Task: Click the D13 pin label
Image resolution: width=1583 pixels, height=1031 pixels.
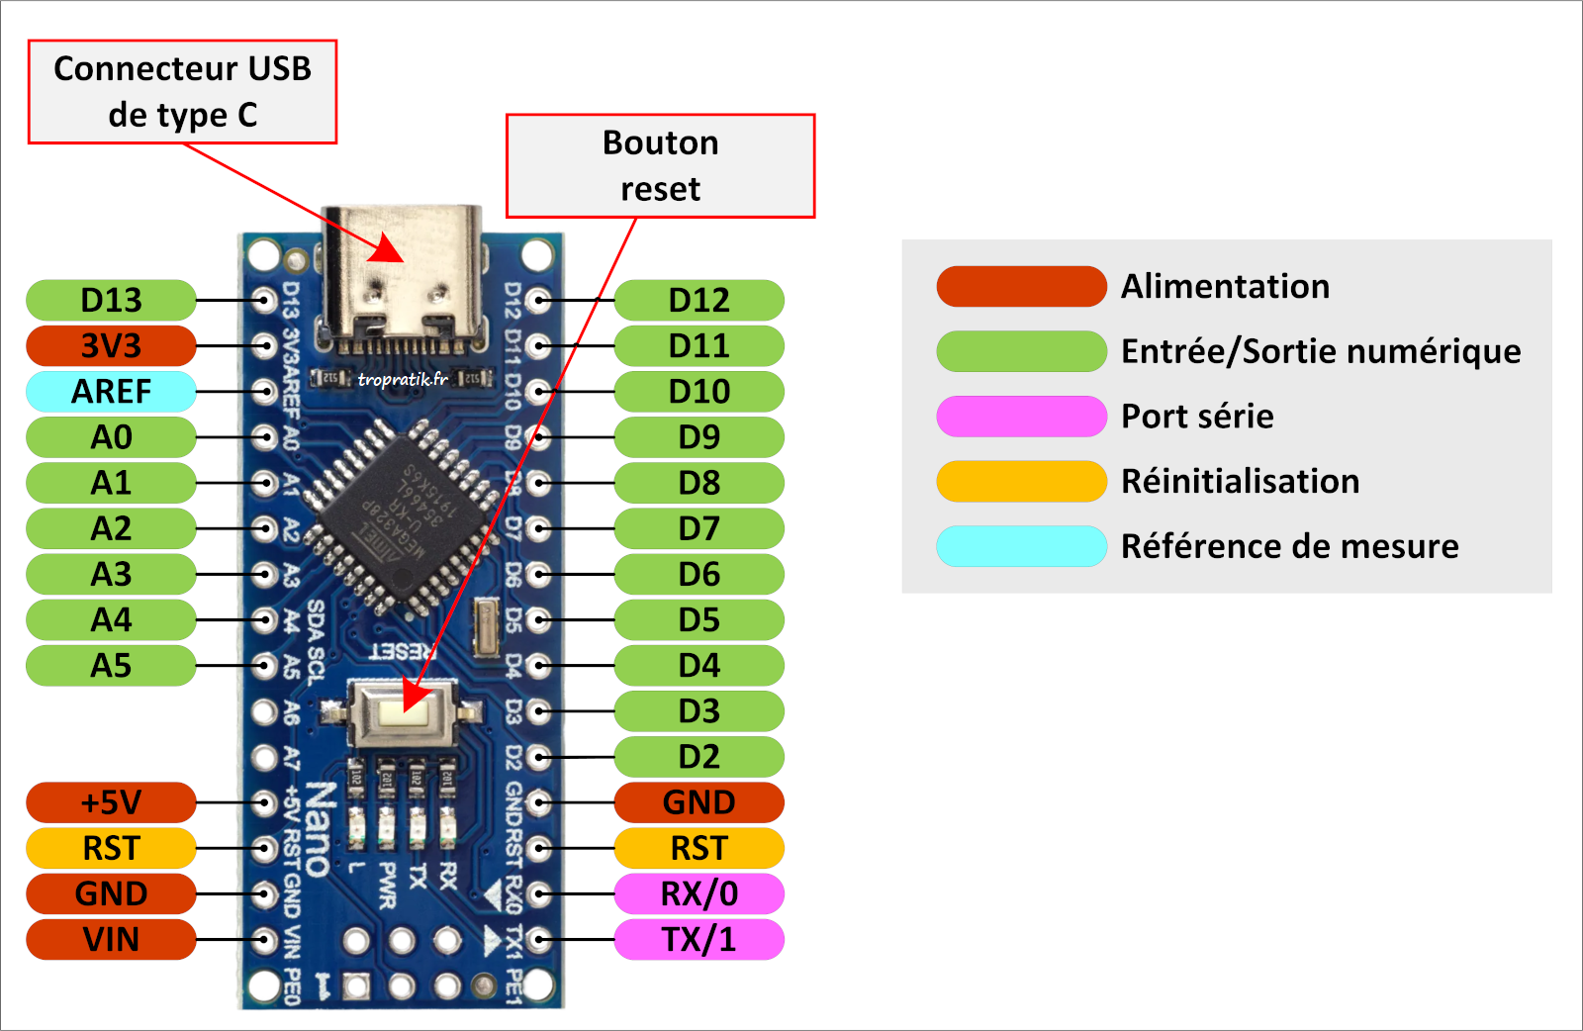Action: [x=111, y=300]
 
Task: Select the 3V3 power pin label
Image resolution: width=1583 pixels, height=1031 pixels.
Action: [x=111, y=346]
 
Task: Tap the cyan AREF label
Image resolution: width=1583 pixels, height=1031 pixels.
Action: [x=111, y=392]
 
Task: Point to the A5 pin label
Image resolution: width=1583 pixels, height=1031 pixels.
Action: [x=111, y=666]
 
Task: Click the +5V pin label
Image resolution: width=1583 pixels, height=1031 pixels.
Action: [x=111, y=802]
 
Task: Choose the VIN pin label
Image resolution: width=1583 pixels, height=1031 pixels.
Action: [x=111, y=939]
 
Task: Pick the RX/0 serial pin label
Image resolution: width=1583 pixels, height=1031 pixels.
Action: [x=699, y=893]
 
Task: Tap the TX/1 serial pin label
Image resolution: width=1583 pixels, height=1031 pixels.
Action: [x=699, y=939]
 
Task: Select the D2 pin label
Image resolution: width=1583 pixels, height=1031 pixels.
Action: [x=699, y=757]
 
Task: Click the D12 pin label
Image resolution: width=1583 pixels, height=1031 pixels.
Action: [x=699, y=300]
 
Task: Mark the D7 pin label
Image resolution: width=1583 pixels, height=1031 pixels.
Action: [x=699, y=528]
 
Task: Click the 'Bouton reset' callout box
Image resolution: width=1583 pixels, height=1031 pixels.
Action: [x=660, y=165]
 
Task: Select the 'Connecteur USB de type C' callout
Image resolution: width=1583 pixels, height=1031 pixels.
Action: [x=182, y=92]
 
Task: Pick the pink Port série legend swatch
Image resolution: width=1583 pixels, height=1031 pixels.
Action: [x=1021, y=417]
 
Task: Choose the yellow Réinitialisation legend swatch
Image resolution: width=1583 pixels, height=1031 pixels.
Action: [x=1021, y=482]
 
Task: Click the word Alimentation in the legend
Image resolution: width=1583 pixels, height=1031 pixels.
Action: [x=1225, y=287]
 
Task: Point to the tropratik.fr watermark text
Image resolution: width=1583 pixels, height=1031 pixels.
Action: [x=402, y=379]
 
